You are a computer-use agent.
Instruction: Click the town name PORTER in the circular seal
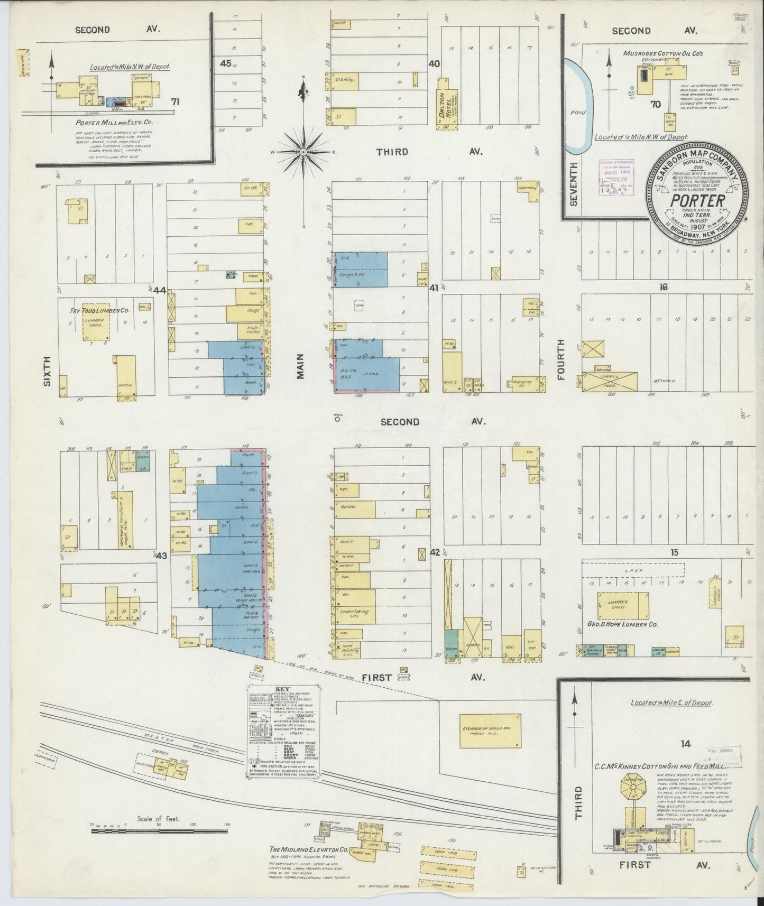pos(697,201)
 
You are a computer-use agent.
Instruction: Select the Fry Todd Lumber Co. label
pos(100,311)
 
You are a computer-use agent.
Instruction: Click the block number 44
pos(159,290)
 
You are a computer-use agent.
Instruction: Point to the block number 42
pos(435,552)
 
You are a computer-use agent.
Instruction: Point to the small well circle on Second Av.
pos(337,421)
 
